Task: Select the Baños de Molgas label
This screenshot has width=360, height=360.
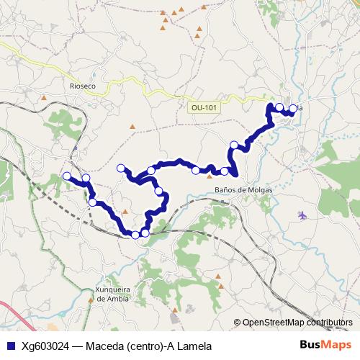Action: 243,190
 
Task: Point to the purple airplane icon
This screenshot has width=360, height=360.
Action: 302,215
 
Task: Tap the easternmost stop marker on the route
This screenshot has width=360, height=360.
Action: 293,109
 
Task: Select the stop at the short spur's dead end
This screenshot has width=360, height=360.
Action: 121,168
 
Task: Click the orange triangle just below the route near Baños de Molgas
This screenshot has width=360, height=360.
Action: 210,174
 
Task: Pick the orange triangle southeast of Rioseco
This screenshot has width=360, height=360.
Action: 132,127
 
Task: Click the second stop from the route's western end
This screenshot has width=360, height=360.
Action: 86,178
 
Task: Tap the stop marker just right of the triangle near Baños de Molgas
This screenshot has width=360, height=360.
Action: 225,171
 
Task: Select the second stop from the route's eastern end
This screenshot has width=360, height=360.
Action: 279,107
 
